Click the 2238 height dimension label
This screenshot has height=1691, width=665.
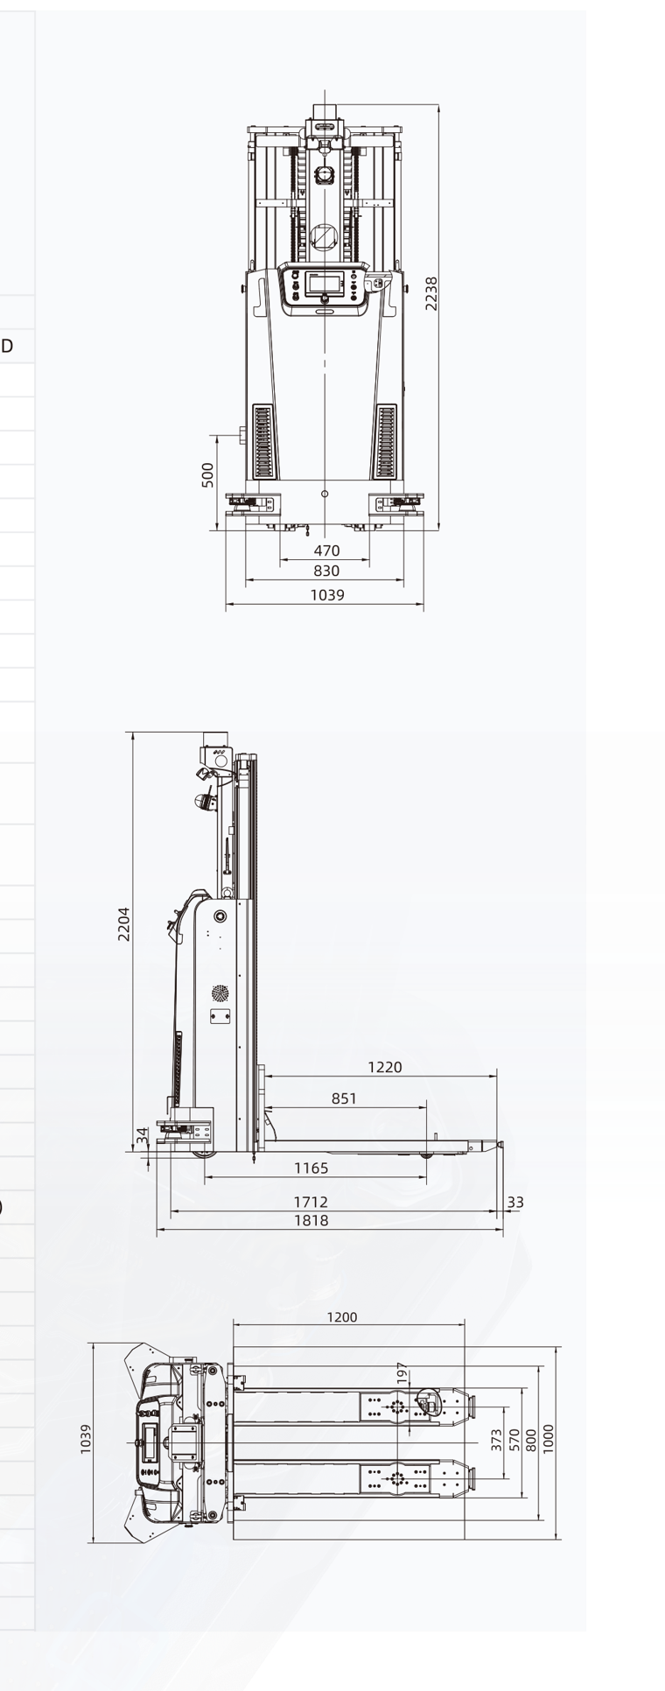click(431, 293)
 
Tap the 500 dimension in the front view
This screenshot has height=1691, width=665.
click(208, 475)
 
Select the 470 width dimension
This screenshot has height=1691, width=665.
click(326, 551)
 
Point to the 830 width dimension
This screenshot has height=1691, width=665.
click(326, 571)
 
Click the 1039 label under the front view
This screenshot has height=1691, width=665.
click(327, 595)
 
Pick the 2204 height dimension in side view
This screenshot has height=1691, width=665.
click(124, 923)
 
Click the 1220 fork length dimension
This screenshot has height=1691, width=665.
click(385, 1067)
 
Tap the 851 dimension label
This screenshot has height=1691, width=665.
click(344, 1098)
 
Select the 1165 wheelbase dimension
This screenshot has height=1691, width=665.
click(311, 1168)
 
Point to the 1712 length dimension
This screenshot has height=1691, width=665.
click(311, 1203)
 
